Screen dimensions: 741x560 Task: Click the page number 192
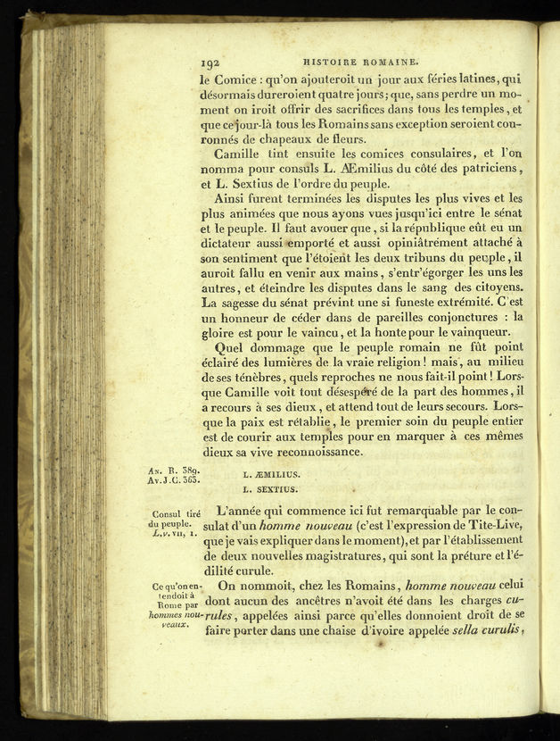211,63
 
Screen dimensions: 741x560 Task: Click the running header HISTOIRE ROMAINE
360,62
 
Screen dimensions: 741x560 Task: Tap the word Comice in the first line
241,79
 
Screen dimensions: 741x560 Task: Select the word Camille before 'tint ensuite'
243,154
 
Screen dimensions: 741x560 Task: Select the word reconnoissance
309,452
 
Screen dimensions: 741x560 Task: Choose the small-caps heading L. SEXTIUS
270,489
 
